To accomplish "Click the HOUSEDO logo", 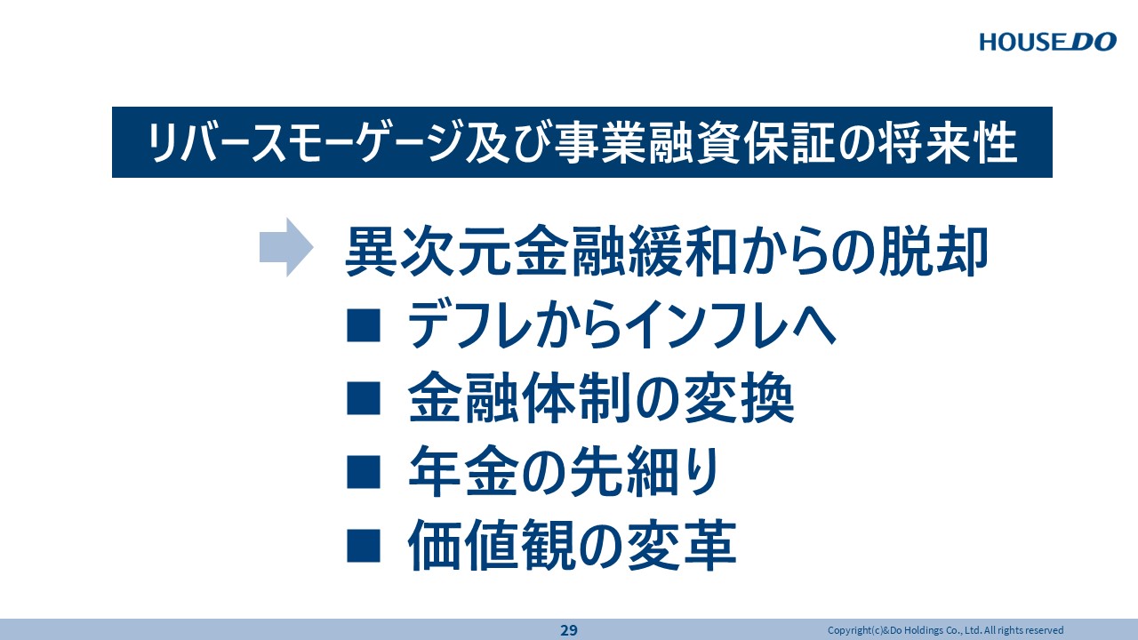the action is pyautogui.click(x=1047, y=42).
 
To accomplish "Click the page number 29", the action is pyautogui.click(x=569, y=630).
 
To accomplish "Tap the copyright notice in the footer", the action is pyautogui.click(x=945, y=630).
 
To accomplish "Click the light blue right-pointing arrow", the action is pyautogui.click(x=286, y=247).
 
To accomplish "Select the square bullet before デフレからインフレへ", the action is pyautogui.click(x=364, y=325).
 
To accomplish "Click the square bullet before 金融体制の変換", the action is pyautogui.click(x=364, y=399).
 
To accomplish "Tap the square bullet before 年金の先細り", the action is pyautogui.click(x=364, y=472).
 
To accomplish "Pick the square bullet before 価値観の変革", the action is pyautogui.click(x=364, y=546).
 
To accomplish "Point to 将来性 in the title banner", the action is pyautogui.click(x=950, y=143).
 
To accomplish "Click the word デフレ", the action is pyautogui.click(x=470, y=324).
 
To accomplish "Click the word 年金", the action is pyautogui.click(x=463, y=471).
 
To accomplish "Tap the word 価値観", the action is pyautogui.click(x=491, y=545).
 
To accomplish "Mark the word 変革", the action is pyautogui.click(x=682, y=545).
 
